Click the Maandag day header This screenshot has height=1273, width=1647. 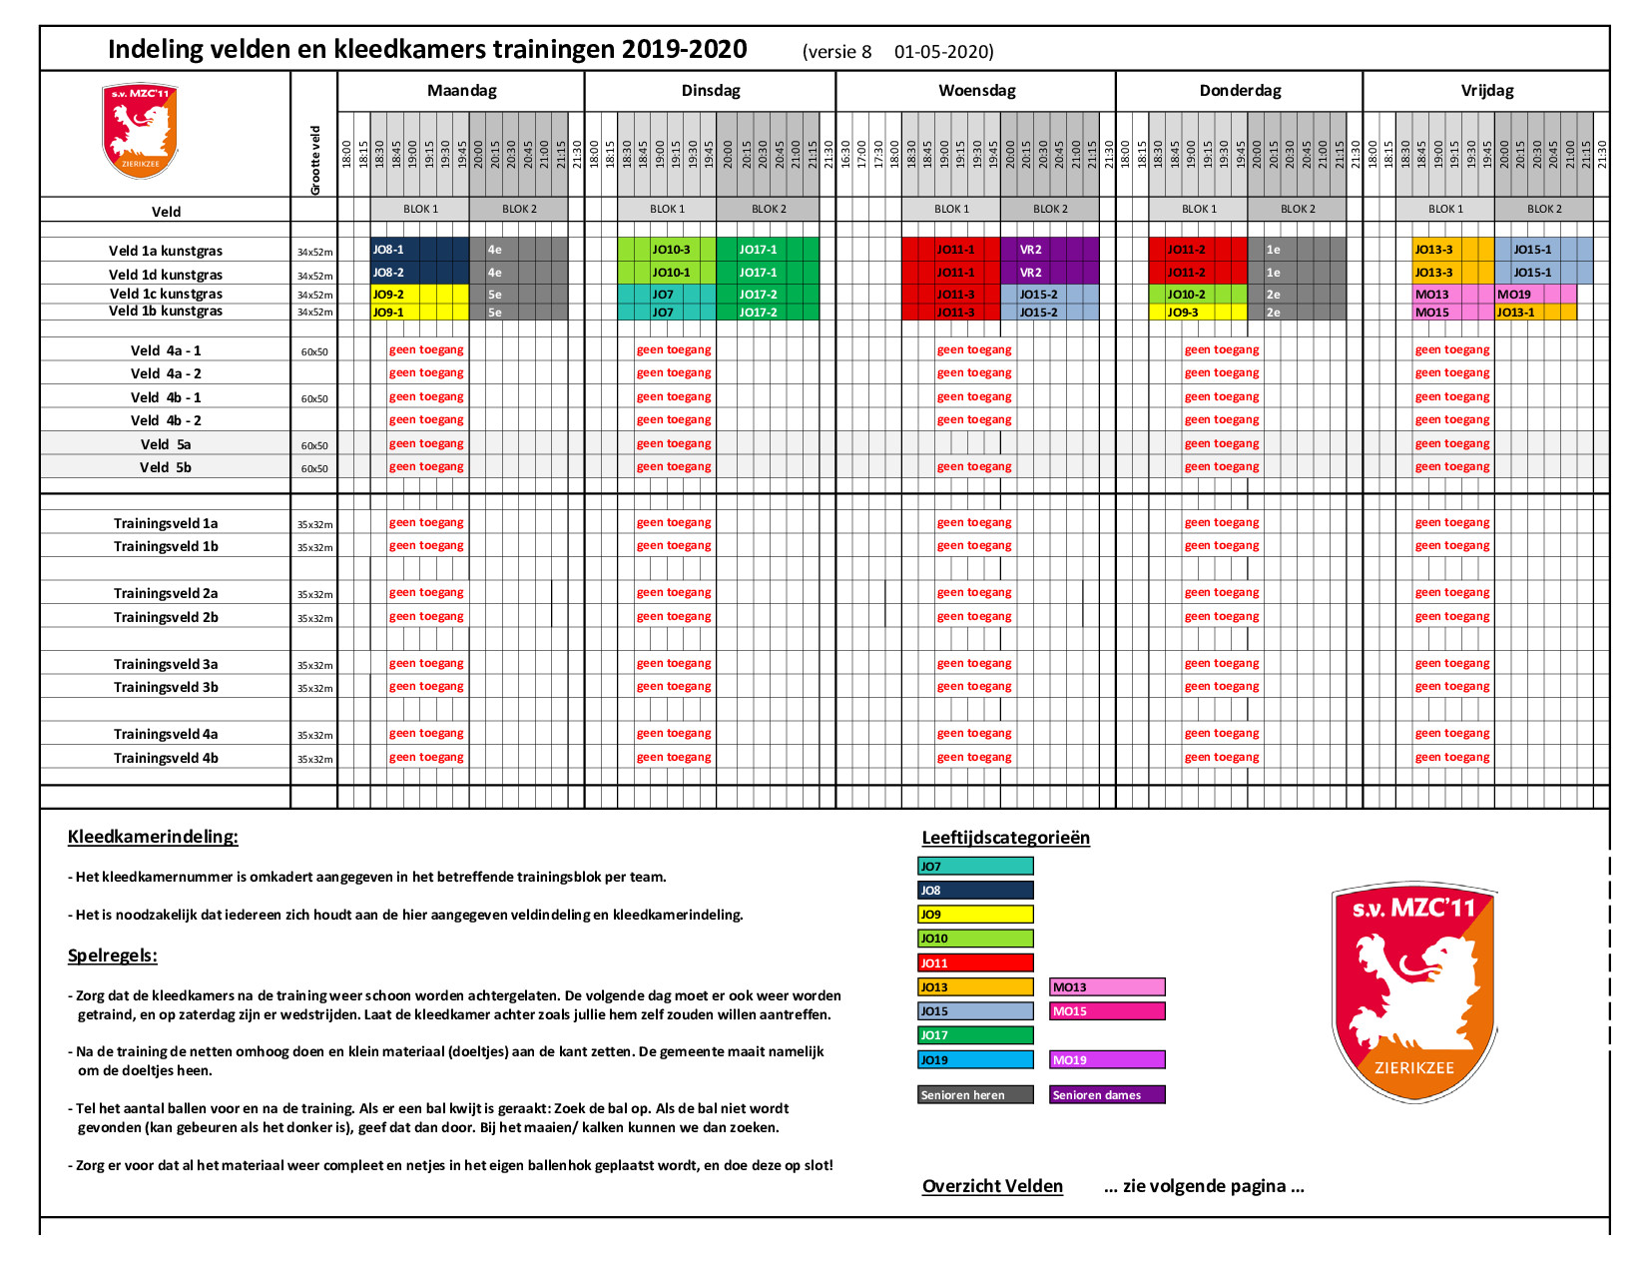[461, 91]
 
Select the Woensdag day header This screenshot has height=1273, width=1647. [976, 91]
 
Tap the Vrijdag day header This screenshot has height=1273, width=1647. [1486, 91]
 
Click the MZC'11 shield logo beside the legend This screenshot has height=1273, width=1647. [1413, 992]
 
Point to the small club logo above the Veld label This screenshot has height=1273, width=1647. [140, 131]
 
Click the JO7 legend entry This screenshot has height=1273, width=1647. [974, 867]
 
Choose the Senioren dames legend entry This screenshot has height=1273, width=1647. [1107, 1095]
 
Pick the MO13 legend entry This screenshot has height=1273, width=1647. [1107, 987]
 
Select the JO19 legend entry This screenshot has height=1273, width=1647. [974, 1060]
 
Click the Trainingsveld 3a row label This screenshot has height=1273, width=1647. [166, 664]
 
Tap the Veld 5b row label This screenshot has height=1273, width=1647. [166, 467]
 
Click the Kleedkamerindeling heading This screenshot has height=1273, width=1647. [153, 837]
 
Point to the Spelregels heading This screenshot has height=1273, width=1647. [112, 955]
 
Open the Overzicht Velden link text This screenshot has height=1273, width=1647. [992, 1186]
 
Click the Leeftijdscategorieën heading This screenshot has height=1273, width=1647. [1005, 838]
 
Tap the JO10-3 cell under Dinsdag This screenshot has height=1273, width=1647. [667, 250]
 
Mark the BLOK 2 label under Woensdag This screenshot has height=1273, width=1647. [1050, 210]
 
